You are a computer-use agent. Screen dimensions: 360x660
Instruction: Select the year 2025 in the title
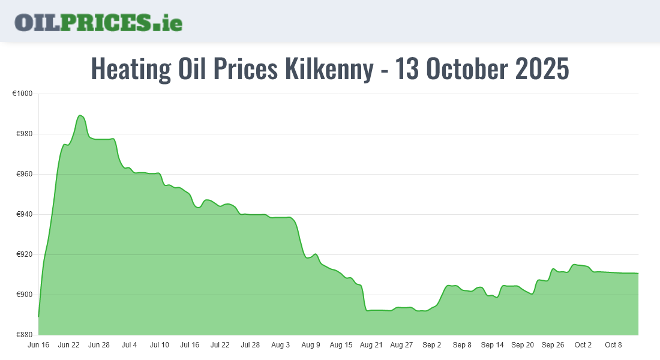tap(542, 69)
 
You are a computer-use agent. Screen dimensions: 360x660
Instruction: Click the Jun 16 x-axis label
tap(38, 345)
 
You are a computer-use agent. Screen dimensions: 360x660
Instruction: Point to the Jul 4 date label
tap(129, 345)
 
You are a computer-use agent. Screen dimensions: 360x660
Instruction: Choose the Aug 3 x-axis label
tap(280, 345)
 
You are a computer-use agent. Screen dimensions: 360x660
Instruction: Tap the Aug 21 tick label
tap(371, 345)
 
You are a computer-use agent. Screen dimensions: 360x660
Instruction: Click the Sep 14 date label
tap(492, 345)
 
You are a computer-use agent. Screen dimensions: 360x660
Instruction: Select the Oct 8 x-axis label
tap(613, 345)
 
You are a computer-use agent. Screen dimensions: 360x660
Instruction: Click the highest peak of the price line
tap(80, 115)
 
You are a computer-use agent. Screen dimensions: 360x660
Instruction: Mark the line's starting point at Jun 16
tap(39, 316)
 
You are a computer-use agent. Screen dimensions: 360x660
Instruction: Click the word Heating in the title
tap(131, 69)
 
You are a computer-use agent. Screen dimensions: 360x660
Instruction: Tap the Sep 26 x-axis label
tap(553, 345)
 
